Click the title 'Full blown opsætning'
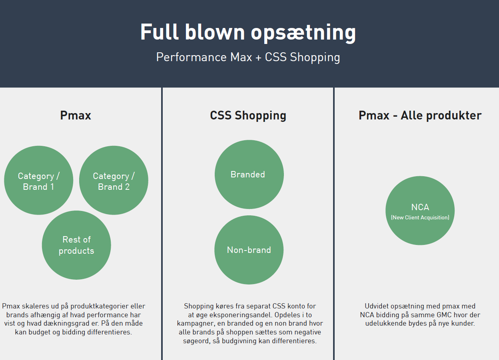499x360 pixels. tap(248, 32)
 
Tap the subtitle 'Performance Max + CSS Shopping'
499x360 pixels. tap(248, 57)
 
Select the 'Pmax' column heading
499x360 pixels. tap(76, 115)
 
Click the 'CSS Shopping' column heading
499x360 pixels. tap(248, 115)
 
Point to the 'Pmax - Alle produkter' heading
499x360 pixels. tap(420, 115)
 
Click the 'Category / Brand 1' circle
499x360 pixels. tap(39, 181)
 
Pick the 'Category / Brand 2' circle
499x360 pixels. tap(114, 181)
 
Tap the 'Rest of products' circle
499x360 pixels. tap(76, 245)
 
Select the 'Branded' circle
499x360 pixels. tap(249, 175)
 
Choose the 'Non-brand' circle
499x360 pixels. tap(249, 250)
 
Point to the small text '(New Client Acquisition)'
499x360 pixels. tap(420, 218)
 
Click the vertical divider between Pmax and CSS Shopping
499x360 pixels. tap(162, 224)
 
